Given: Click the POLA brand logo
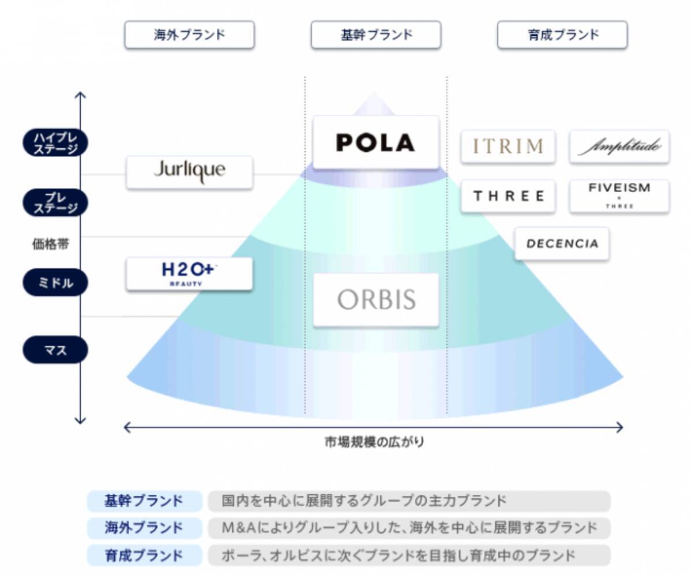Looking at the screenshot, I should (x=375, y=142).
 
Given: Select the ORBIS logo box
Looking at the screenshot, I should (x=376, y=300).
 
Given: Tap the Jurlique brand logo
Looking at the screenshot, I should (x=189, y=171).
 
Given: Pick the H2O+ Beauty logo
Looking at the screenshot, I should (x=189, y=273).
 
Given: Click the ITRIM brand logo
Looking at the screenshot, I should (x=507, y=146).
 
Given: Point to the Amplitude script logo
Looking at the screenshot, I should (x=619, y=146).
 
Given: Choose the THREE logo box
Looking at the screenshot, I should (x=507, y=196).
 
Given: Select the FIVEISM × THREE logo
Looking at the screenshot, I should (x=619, y=196).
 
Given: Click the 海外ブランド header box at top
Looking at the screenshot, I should (x=189, y=35).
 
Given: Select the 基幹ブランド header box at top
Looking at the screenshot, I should (x=376, y=35).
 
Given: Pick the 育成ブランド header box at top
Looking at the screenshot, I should (x=562, y=35).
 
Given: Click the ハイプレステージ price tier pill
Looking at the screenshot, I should (x=55, y=142).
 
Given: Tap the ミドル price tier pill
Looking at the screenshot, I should (x=55, y=283).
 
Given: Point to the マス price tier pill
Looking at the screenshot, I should (x=55, y=350).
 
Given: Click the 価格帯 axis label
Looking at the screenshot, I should (x=50, y=244).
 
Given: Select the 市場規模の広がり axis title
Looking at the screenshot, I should (x=374, y=442).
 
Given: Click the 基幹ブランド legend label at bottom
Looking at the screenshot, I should (x=144, y=501).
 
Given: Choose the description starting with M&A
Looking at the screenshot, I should (x=409, y=528).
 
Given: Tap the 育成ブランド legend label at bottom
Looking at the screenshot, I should (x=144, y=555).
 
